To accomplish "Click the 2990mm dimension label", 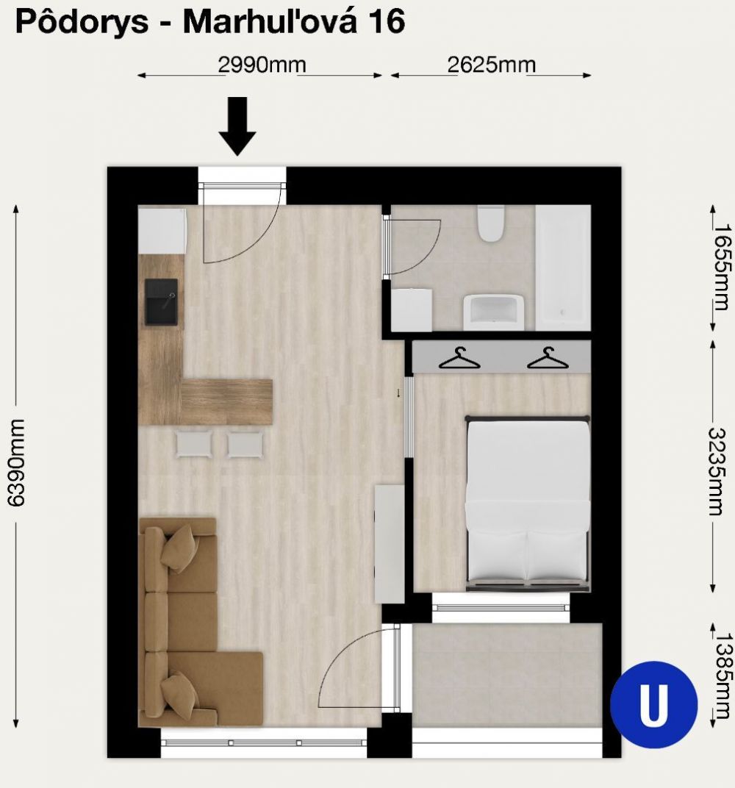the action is [262, 65].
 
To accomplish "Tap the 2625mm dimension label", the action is [491, 65].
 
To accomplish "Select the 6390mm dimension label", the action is [16, 462].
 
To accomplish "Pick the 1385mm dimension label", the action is [720, 676].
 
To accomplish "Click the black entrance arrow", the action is [237, 126].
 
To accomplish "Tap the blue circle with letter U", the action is [653, 705].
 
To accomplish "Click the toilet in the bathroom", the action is [490, 223].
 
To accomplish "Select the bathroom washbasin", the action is [493, 312].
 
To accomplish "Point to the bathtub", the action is [563, 268].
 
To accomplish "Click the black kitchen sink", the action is [161, 302].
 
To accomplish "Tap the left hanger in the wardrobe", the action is [459, 358].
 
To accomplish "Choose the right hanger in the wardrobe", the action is [548, 358].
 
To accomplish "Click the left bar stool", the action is [195, 444].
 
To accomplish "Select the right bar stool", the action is [245, 444].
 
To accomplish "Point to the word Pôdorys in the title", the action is [82, 21].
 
